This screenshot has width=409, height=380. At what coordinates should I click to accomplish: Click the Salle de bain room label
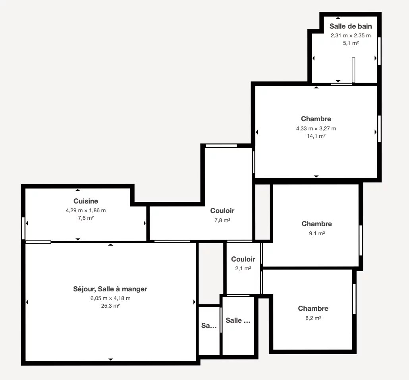tap(351, 26)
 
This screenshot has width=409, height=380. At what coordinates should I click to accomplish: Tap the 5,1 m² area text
tap(351, 43)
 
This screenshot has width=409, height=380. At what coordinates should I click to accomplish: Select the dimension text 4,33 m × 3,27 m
tap(316, 128)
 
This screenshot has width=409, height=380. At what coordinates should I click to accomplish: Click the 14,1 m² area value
tap(316, 136)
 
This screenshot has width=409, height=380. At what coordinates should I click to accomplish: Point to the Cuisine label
tap(86, 201)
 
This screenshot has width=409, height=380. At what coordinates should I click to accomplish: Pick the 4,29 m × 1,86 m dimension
tap(86, 211)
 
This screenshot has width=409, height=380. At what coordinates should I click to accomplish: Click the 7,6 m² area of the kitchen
tap(86, 218)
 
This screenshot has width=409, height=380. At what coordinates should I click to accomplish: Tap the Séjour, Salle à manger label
tap(110, 289)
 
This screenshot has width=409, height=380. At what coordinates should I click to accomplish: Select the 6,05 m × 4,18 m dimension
tap(111, 298)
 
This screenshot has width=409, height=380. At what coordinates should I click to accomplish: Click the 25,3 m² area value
tap(111, 306)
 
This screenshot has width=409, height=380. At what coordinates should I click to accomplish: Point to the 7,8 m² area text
tap(222, 221)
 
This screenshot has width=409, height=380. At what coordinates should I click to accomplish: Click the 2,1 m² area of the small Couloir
tap(243, 268)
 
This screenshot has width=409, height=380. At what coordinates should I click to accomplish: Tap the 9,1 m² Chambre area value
tap(317, 233)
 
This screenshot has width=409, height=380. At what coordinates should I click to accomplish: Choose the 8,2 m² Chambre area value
tap(313, 318)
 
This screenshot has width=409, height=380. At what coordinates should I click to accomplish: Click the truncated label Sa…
tap(209, 326)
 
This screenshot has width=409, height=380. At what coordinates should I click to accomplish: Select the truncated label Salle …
tap(238, 320)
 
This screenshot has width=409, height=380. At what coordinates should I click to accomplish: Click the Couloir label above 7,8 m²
tap(222, 211)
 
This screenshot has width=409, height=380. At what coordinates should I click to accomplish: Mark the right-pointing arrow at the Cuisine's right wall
tap(145, 223)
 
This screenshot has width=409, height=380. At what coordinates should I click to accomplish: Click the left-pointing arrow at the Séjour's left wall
tap(27, 302)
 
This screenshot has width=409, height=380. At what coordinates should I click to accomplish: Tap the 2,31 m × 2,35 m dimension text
tap(351, 35)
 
